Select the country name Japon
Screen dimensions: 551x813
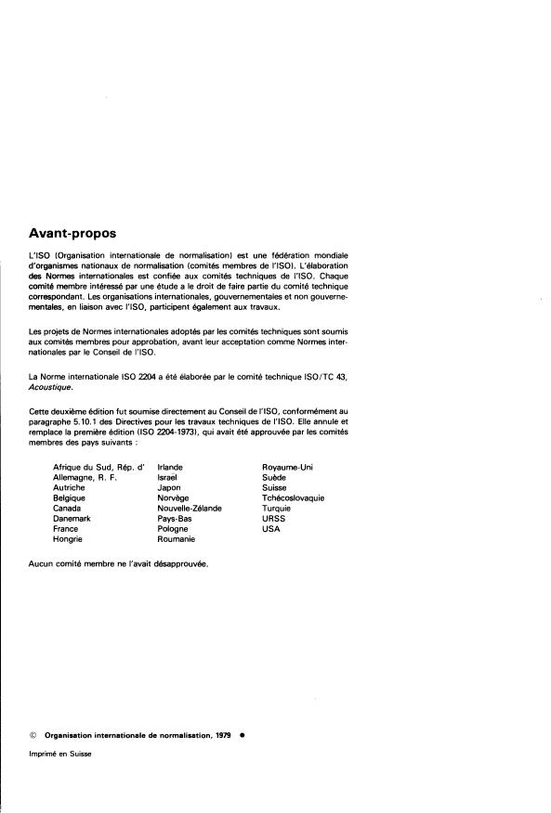[169, 487]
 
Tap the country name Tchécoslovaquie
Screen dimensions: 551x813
[293, 497]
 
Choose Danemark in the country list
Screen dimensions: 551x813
[72, 518]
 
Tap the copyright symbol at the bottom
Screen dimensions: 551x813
[33, 732]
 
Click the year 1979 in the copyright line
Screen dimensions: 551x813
[221, 732]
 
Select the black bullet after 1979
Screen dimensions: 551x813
[242, 732]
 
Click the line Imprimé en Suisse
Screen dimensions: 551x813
[60, 754]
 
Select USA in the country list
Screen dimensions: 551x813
[271, 528]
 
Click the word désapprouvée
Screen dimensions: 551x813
[179, 563]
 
